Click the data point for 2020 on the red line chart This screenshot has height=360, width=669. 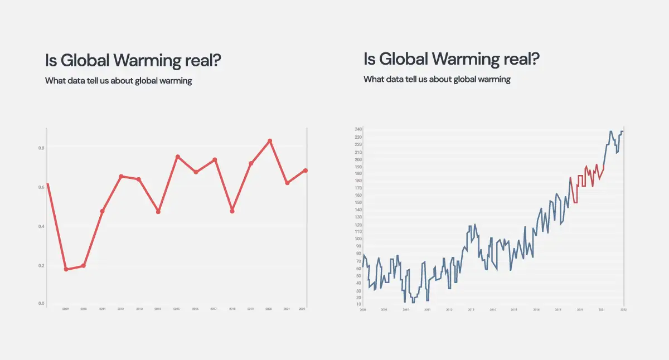270,141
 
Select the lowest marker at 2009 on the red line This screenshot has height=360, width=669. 66,269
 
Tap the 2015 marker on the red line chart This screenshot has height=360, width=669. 177,157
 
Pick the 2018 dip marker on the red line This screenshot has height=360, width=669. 232,211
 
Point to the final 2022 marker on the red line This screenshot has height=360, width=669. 306,171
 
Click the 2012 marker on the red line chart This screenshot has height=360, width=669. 121,176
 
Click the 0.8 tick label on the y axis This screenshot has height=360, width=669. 41,148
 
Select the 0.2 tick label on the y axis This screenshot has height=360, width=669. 41,265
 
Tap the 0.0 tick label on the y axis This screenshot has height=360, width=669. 41,304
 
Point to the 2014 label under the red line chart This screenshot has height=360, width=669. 158,309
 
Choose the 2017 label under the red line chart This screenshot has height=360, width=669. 214,309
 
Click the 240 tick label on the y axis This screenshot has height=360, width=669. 358,130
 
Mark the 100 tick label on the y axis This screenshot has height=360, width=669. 358,239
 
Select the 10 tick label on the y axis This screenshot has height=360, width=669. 358,304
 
